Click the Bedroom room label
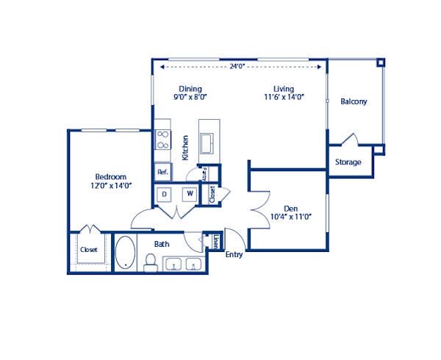pos(111,176)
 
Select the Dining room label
pos(190,87)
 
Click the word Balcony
pos(353,101)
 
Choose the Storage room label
pos(348,162)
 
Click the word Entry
pos(234,255)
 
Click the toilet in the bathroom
pos(151,262)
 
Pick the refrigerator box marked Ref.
pos(162,172)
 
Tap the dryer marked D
pos(165,194)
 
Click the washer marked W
pos(189,194)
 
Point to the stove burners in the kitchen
pos(162,139)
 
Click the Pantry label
pos(204,175)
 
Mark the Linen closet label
pos(215,241)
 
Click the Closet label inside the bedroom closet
pos(89,249)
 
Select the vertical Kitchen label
pos(185,148)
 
